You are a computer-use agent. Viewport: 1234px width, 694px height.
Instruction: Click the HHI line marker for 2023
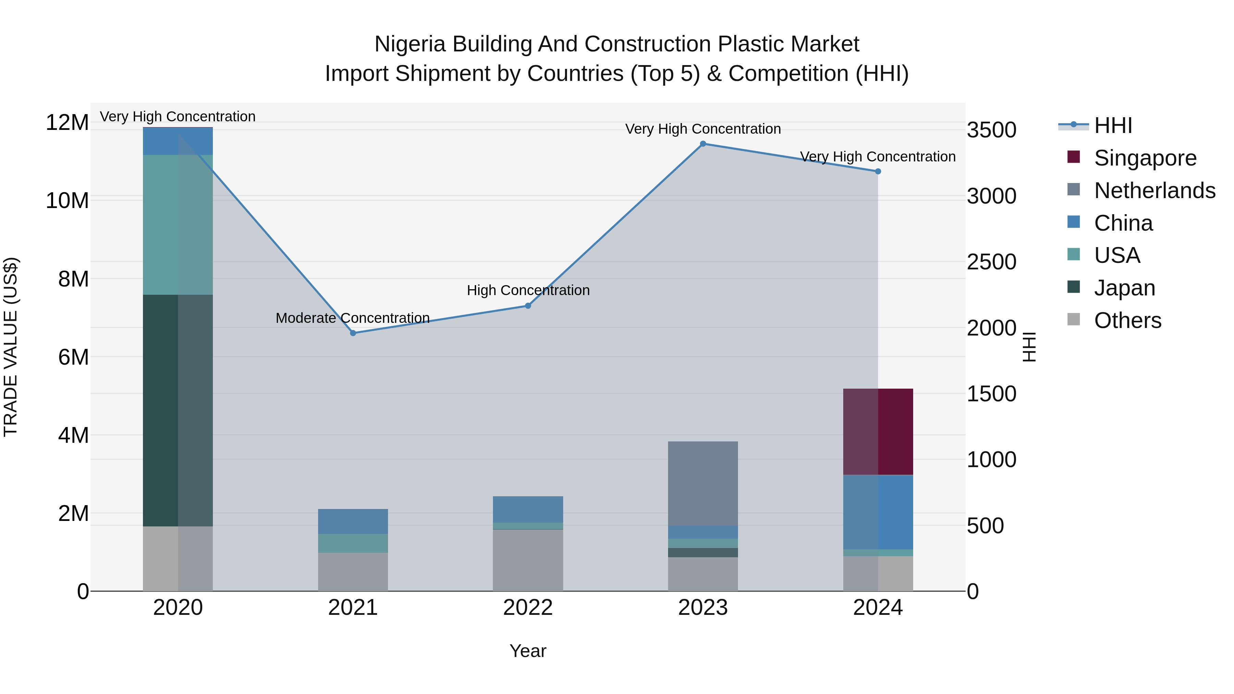coord(703,144)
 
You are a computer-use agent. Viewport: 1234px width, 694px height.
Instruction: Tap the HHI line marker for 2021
coord(353,333)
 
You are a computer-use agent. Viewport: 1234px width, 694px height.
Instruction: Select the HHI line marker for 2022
coord(528,306)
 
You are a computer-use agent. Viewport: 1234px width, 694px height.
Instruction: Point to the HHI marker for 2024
coord(878,171)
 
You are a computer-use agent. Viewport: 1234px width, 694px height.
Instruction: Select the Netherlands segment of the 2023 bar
coord(703,484)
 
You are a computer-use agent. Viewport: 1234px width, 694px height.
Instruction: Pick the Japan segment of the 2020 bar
coord(178,411)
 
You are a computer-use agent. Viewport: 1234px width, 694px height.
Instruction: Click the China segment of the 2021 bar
coord(353,521)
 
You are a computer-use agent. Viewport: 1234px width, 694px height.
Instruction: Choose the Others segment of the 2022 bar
coord(528,560)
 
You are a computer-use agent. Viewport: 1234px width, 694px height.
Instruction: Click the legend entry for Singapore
coord(1145,158)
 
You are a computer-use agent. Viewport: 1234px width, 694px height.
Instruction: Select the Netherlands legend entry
coord(1154,191)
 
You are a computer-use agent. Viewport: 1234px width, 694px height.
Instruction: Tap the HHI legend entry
coord(1113,125)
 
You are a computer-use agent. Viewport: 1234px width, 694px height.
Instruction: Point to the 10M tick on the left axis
coord(67,200)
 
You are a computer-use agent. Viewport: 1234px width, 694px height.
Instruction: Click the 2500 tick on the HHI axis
coord(991,262)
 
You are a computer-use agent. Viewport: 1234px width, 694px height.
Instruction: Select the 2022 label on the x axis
coord(528,608)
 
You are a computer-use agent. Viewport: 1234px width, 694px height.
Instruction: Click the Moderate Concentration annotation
coord(353,318)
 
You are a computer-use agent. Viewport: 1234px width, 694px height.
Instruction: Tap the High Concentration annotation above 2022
coord(528,290)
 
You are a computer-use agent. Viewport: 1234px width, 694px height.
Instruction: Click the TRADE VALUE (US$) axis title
coord(11,347)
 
